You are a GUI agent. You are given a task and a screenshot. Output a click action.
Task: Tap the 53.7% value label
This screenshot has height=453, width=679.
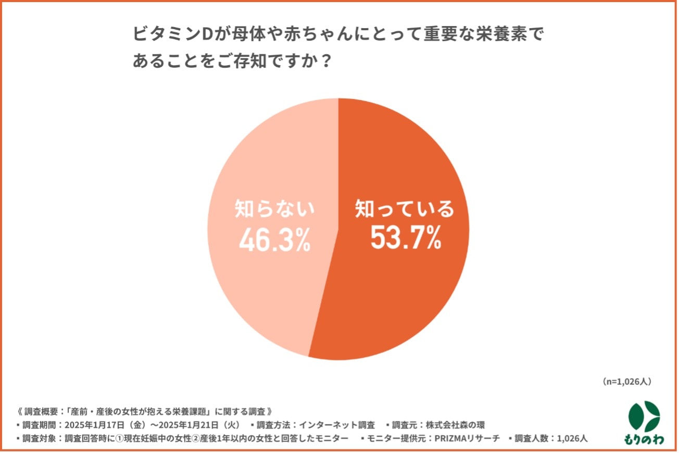click(x=406, y=238)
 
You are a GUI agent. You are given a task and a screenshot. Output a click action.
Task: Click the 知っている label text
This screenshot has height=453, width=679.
click(x=405, y=209)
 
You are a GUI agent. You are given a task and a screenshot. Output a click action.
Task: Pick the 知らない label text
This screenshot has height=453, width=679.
click(x=274, y=210)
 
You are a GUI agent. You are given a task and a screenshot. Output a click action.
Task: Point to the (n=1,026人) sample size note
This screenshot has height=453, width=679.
click(x=626, y=382)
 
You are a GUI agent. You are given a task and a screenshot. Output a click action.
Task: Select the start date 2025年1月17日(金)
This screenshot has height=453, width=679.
click(x=112, y=424)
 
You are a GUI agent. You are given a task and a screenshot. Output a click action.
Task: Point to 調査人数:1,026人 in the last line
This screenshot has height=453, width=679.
click(x=551, y=438)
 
